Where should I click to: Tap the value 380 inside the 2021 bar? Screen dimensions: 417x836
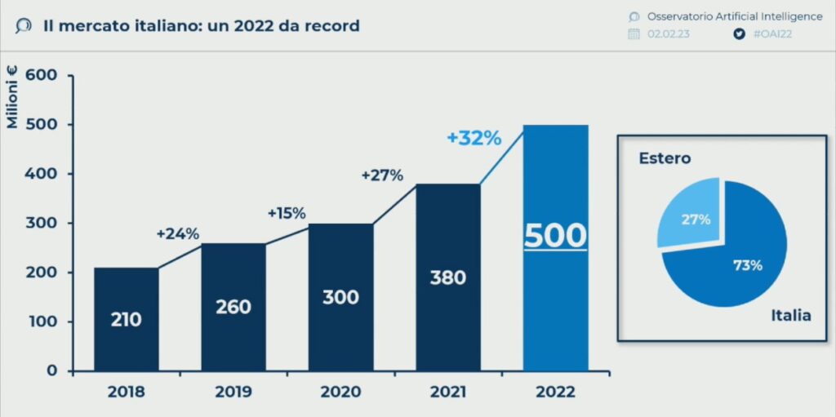click(447, 277)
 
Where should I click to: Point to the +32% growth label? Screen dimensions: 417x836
click(474, 138)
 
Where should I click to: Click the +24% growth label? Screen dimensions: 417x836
click(178, 233)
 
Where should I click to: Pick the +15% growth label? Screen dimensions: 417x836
click(287, 213)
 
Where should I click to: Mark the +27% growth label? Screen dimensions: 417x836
click(382, 175)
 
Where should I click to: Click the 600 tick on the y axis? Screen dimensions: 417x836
click(41, 75)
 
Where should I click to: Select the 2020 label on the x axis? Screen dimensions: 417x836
click(340, 392)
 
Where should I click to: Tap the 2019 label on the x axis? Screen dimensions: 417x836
click(233, 392)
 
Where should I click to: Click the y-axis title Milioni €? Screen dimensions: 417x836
click(12, 99)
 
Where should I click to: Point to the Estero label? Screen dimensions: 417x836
click(665, 158)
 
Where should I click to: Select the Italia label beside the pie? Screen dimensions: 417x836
click(791, 315)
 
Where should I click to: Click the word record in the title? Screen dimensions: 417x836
click(331, 26)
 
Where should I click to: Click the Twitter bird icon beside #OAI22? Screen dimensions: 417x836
click(740, 34)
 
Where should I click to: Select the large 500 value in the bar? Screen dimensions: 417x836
click(555, 236)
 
